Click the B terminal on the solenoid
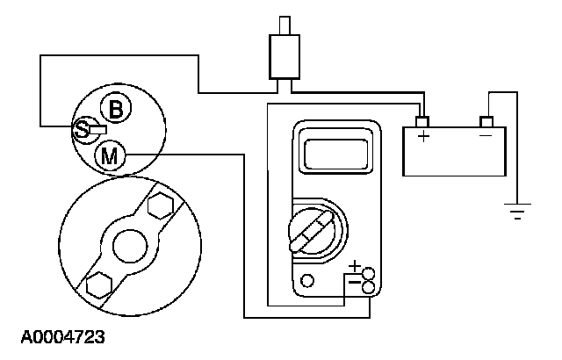click(x=115, y=109)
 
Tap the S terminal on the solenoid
click(x=82, y=130)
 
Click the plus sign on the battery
click(x=423, y=138)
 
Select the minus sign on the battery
click(x=486, y=136)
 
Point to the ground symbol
click(x=518, y=212)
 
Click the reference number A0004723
click(x=59, y=336)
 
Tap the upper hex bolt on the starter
click(x=159, y=206)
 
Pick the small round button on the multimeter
click(x=306, y=282)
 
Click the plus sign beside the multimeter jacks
click(x=355, y=266)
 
